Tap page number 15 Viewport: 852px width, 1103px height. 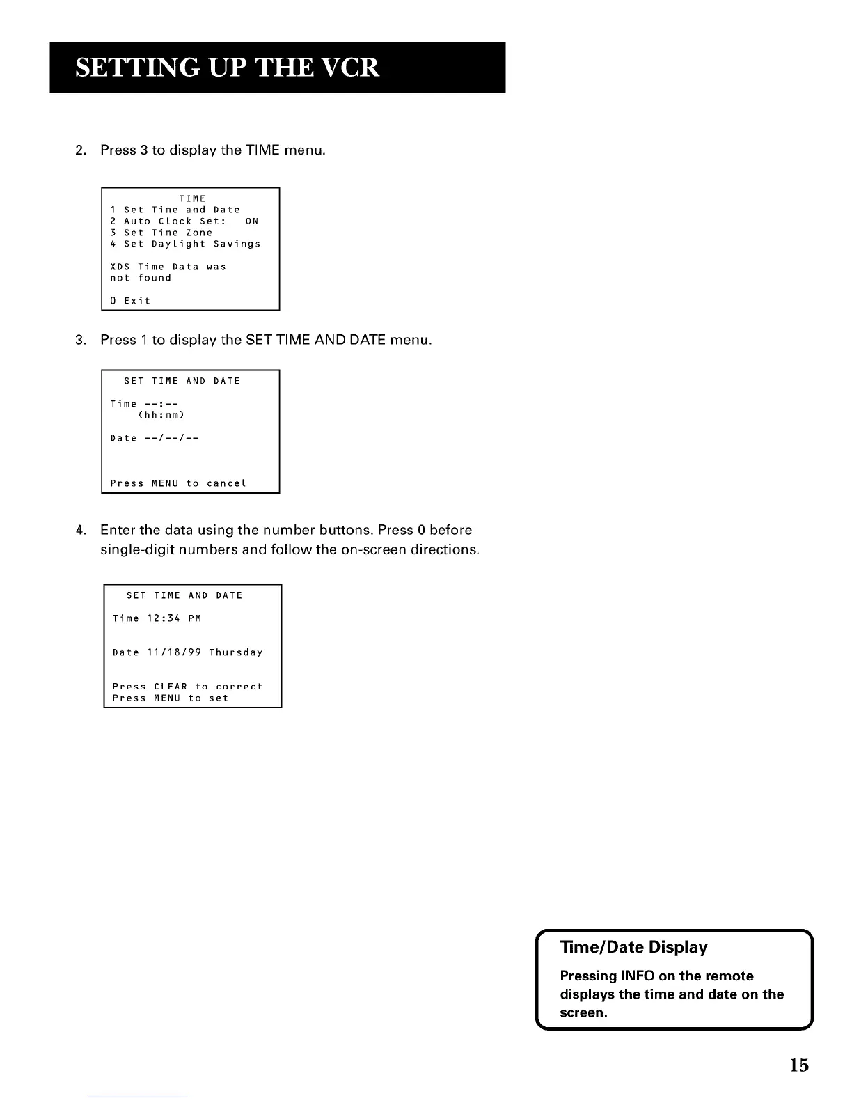pyautogui.click(x=799, y=1065)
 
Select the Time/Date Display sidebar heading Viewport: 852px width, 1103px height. pyautogui.click(x=633, y=947)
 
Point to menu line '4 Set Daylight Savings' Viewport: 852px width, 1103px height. pyautogui.click(x=185, y=244)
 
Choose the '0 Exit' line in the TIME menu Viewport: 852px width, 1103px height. pyautogui.click(x=130, y=301)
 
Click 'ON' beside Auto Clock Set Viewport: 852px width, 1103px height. pyautogui.click(x=251, y=221)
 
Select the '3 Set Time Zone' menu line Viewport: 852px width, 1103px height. pyautogui.click(x=161, y=233)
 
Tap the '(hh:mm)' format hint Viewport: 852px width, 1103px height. pyautogui.click(x=161, y=415)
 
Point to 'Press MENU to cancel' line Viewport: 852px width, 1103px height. pyautogui.click(x=178, y=483)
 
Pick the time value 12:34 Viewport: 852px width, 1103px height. pyautogui.click(x=164, y=618)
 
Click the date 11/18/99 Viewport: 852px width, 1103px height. pyautogui.click(x=174, y=652)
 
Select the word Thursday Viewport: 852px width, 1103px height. pyautogui.click(x=236, y=652)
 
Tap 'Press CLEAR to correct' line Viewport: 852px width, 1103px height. pyautogui.click(x=187, y=687)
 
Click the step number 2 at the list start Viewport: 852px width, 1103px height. pyautogui.click(x=79, y=150)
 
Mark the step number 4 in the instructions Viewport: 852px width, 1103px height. pyautogui.click(x=79, y=531)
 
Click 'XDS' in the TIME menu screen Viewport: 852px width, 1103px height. pyautogui.click(x=120, y=267)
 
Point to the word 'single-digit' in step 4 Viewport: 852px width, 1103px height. pyautogui.click(x=136, y=550)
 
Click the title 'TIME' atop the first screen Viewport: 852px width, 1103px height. pyautogui.click(x=192, y=198)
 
